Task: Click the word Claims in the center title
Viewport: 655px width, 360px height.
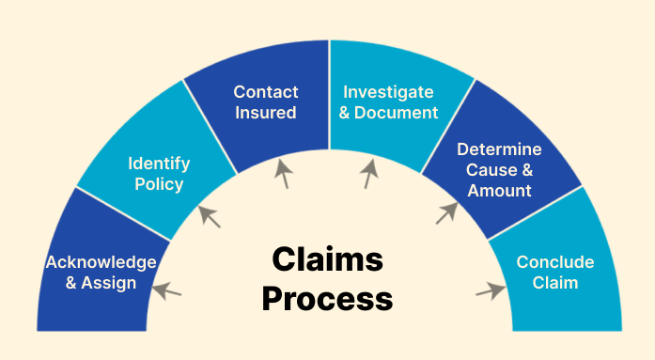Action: [x=327, y=260]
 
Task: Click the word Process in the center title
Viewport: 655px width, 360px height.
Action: [x=327, y=299]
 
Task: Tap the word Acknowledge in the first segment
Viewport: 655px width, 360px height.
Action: [x=101, y=261]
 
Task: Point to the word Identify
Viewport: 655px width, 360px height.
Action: [x=159, y=164]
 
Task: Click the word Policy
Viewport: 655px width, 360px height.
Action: [x=159, y=184]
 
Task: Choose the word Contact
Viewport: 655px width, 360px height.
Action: [x=266, y=92]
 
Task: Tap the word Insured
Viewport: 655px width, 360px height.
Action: [x=266, y=113]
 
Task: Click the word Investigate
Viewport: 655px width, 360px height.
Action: [x=388, y=92]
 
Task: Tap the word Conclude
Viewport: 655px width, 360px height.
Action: [x=555, y=261]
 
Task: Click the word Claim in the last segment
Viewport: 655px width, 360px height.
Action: [x=555, y=282]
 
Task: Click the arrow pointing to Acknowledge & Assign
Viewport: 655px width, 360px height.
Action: [x=166, y=290]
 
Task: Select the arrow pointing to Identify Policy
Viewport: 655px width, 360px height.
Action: [x=210, y=217]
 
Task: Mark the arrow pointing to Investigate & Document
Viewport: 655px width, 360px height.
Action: [x=370, y=173]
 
